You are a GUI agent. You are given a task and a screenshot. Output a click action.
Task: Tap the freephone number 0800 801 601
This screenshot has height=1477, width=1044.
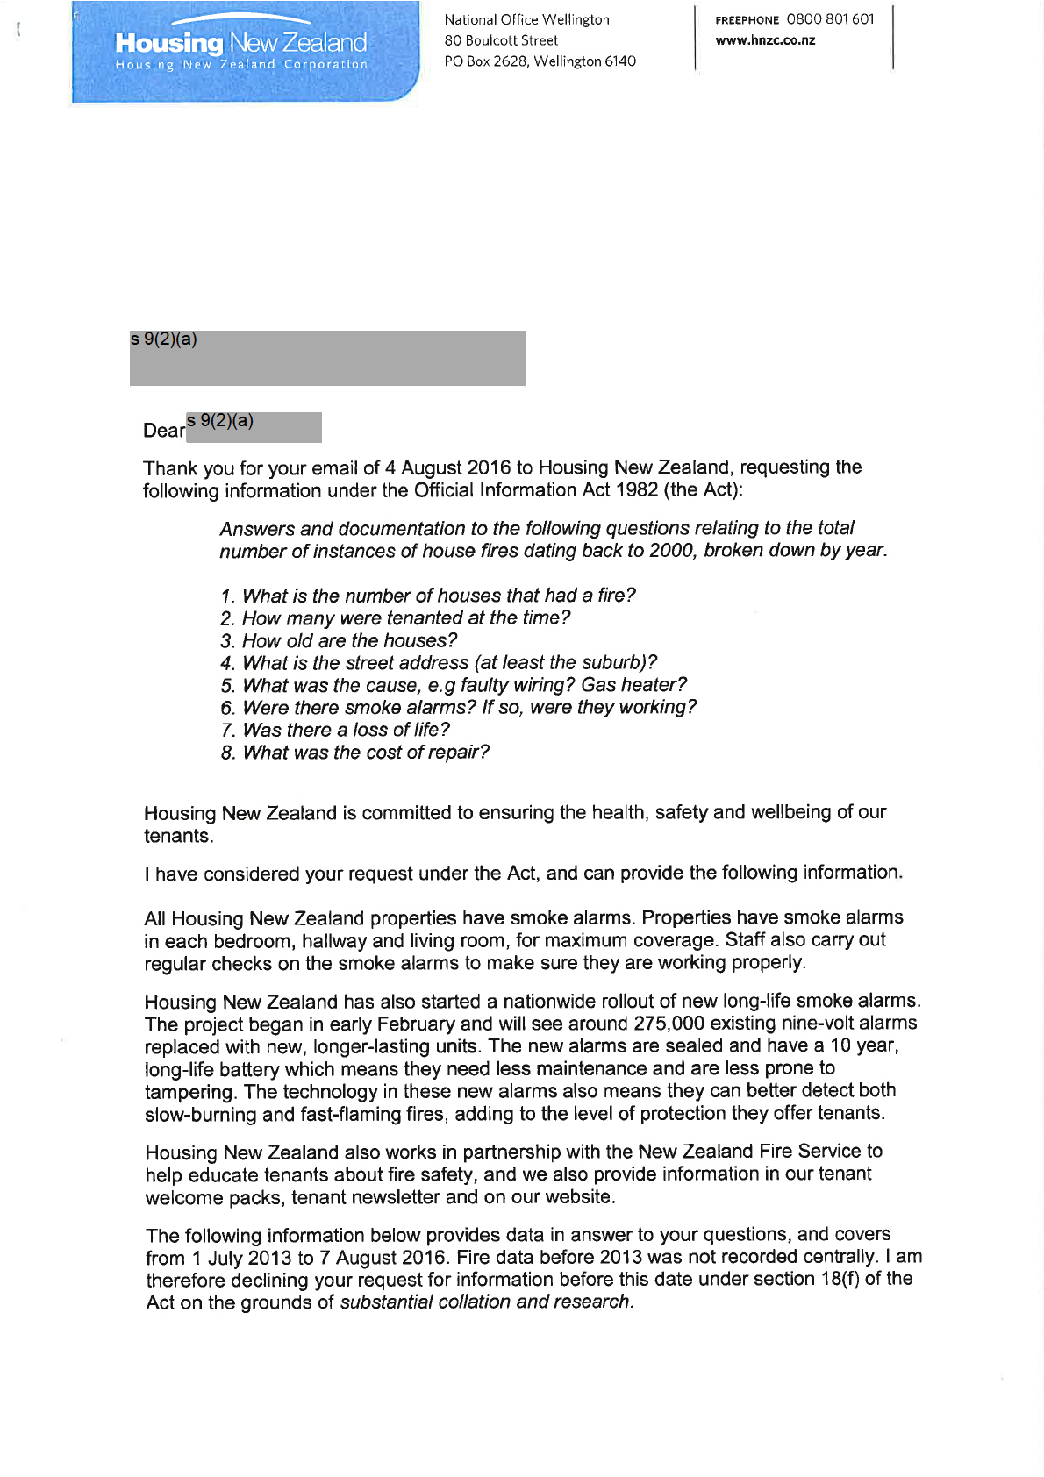830,19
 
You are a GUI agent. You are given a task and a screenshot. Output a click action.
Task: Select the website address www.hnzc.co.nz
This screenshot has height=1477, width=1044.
765,40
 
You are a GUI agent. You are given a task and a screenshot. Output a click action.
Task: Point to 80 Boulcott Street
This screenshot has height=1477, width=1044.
501,40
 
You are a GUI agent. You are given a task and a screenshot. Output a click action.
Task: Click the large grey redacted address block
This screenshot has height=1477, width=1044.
327,358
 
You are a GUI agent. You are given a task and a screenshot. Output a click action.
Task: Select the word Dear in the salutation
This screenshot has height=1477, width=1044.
164,431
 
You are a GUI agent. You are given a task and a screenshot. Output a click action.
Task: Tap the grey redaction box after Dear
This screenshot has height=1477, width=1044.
254,427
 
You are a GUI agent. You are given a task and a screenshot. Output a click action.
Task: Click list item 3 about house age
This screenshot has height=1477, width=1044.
339,641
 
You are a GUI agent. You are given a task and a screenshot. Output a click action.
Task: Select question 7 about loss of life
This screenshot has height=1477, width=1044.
335,730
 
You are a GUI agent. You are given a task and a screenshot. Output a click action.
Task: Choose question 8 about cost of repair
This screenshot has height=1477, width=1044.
355,753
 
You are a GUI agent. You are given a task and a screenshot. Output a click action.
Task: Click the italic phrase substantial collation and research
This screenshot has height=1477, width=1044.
484,1302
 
